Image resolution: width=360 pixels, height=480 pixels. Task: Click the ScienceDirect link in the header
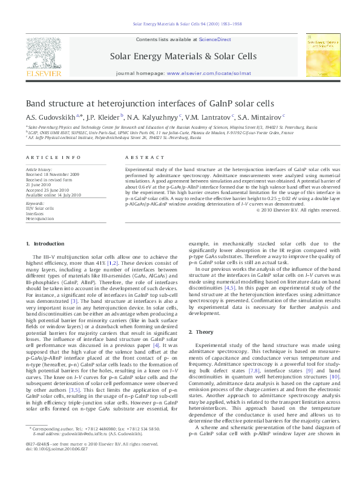click(x=215, y=39)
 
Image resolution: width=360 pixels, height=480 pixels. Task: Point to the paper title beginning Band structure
click(x=149, y=103)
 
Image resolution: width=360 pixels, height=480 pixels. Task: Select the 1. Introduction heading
click(x=49, y=244)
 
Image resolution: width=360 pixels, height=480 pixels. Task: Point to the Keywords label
click(x=35, y=204)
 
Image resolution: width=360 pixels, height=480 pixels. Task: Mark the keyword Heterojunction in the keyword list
click(x=40, y=218)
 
